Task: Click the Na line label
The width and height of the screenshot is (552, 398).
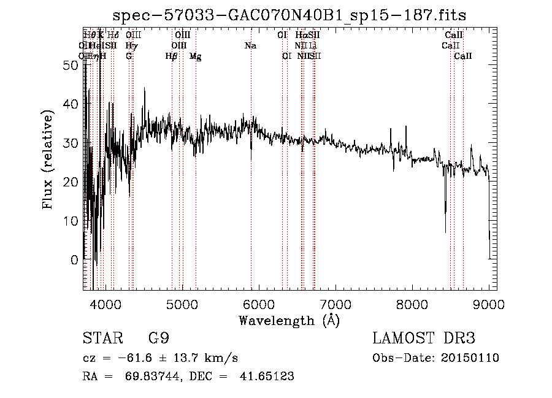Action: (x=250, y=45)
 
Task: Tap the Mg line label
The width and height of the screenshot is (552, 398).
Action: (x=195, y=56)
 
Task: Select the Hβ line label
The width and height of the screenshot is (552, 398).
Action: (x=172, y=56)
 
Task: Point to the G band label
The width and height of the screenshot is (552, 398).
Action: (x=129, y=56)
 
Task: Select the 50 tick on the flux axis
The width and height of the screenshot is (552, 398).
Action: (x=70, y=65)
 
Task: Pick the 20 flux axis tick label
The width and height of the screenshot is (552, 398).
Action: (x=70, y=182)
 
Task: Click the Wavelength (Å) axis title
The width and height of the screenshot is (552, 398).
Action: (x=289, y=320)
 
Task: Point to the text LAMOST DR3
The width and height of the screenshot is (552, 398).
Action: (x=424, y=339)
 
